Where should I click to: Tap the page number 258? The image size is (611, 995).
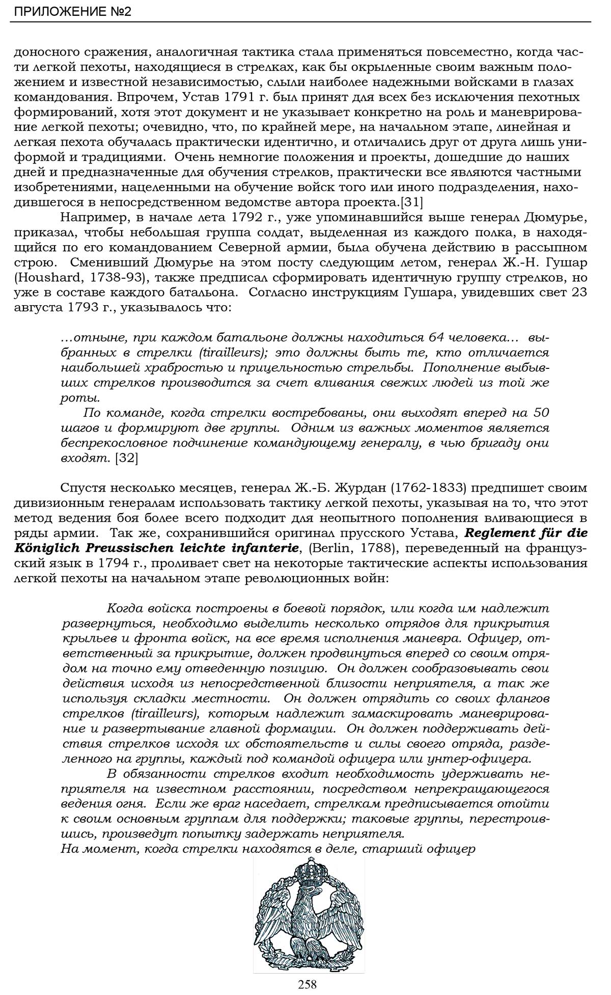coord(308,984)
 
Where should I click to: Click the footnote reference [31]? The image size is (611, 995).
coord(411,202)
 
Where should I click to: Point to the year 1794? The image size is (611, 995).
coord(103,563)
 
